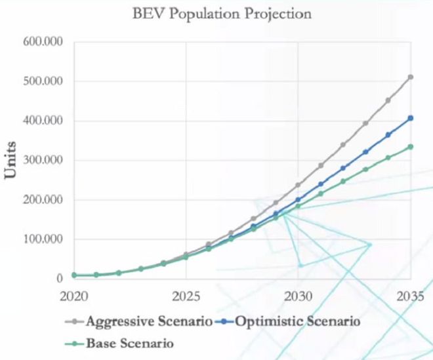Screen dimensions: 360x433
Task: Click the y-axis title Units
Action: (x=11, y=160)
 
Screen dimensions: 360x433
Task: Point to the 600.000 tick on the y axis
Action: (x=43, y=42)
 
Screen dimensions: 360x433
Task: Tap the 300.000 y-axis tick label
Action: (x=43, y=160)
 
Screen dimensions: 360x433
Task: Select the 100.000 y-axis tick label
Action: (x=43, y=239)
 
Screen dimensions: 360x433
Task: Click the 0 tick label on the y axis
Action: (x=58, y=278)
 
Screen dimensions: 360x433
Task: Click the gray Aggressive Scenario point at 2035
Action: (x=410, y=77)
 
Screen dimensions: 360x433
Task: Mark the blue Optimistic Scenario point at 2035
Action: (x=410, y=118)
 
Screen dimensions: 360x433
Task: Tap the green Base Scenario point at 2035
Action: (x=410, y=146)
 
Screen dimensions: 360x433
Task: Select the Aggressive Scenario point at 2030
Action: (x=298, y=185)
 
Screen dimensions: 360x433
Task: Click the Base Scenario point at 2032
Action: (x=343, y=181)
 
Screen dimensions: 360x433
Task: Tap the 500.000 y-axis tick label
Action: (x=43, y=81)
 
